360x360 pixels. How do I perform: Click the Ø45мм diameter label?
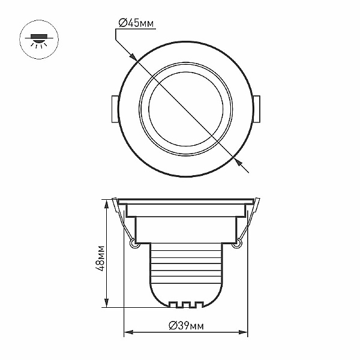click(136, 23)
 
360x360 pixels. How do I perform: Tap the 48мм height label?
click(100, 259)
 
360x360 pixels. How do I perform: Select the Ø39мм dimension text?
click(186, 325)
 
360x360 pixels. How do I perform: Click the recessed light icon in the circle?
click(39, 40)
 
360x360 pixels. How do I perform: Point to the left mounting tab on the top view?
click(115, 109)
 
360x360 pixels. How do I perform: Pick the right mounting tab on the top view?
click(257, 109)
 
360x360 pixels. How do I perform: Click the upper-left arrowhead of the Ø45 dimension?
click(134, 57)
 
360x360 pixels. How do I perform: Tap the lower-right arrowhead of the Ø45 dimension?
click(237, 161)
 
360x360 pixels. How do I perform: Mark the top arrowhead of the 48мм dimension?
click(106, 205)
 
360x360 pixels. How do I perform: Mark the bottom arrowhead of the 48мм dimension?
click(106, 302)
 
